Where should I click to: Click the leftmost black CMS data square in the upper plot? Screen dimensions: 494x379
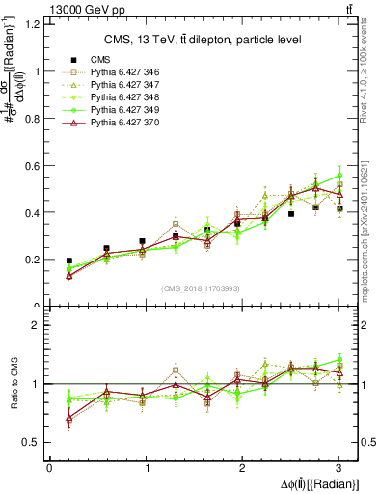[68, 261]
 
